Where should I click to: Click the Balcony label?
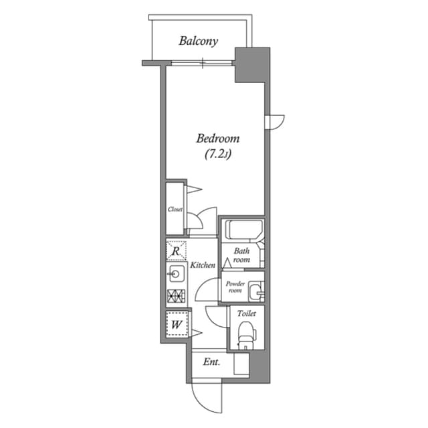point(199,41)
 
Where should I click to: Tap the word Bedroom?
point(217,139)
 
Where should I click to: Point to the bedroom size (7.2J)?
point(217,155)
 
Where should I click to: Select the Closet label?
point(175,210)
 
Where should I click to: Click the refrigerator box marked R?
point(176,251)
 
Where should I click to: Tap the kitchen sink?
point(176,273)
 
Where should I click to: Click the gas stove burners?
point(176,295)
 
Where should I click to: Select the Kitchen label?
point(203,265)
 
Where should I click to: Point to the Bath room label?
point(241,255)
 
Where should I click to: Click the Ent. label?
point(211,362)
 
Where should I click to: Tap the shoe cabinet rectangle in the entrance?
point(241,364)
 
